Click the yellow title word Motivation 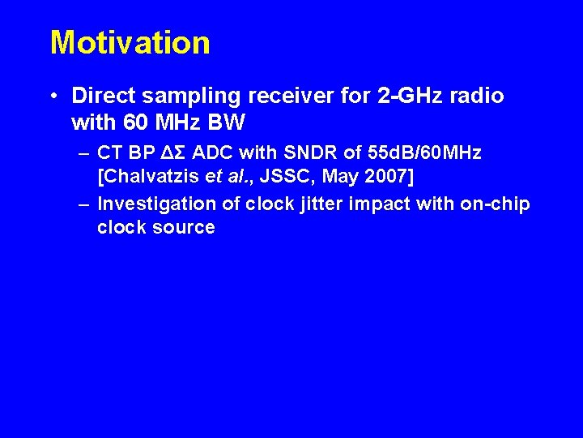[x=130, y=42]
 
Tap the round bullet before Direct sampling [x=53, y=97]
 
